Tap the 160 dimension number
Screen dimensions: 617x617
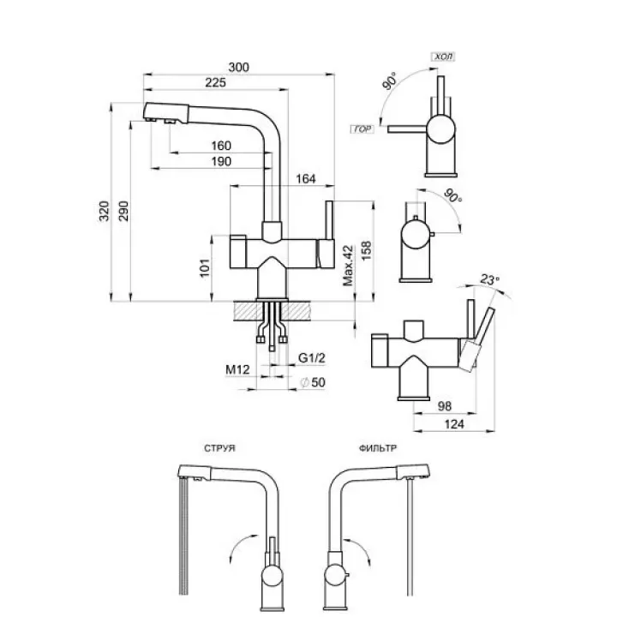(x=222, y=146)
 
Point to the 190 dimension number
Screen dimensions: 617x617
(x=222, y=162)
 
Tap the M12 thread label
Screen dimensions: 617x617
(x=237, y=369)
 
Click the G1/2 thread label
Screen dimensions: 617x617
(x=309, y=359)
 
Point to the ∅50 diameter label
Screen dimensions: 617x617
(x=314, y=382)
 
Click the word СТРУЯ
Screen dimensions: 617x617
(x=221, y=448)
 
